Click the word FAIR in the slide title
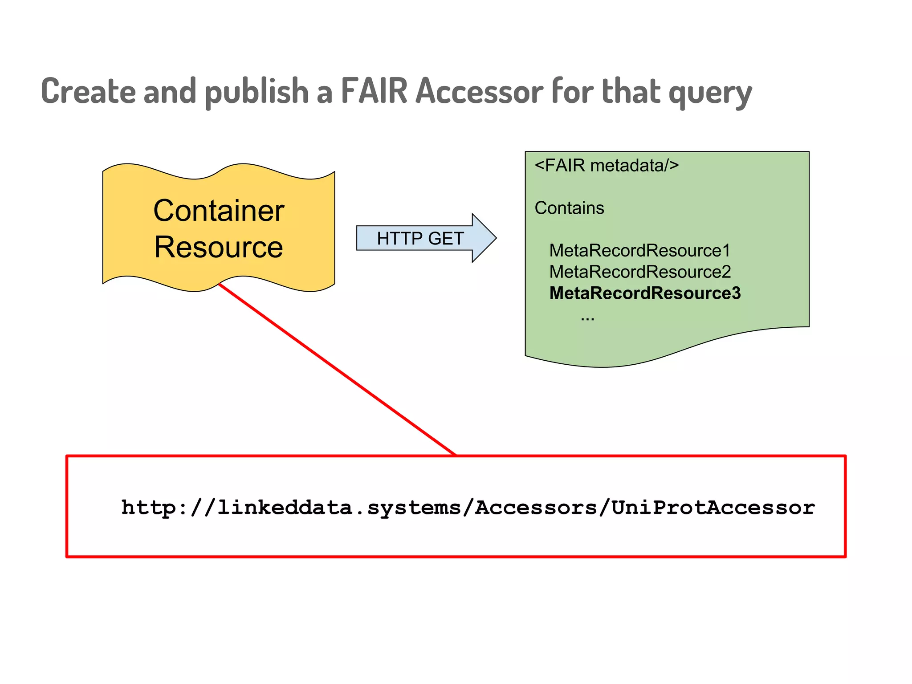pos(374,91)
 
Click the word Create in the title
pos(88,91)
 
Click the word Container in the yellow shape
pos(219,211)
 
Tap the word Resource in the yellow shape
pos(219,247)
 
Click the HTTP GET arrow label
pos(420,239)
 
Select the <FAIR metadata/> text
pos(607,166)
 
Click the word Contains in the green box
pos(569,208)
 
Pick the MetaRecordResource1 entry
pos(640,251)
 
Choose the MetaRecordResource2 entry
pos(640,272)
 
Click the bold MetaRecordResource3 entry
pos(645,293)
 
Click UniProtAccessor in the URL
pos(713,508)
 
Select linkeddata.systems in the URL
pos(339,508)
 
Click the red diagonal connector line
pos(337,369)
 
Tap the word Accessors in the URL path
pos(536,508)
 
